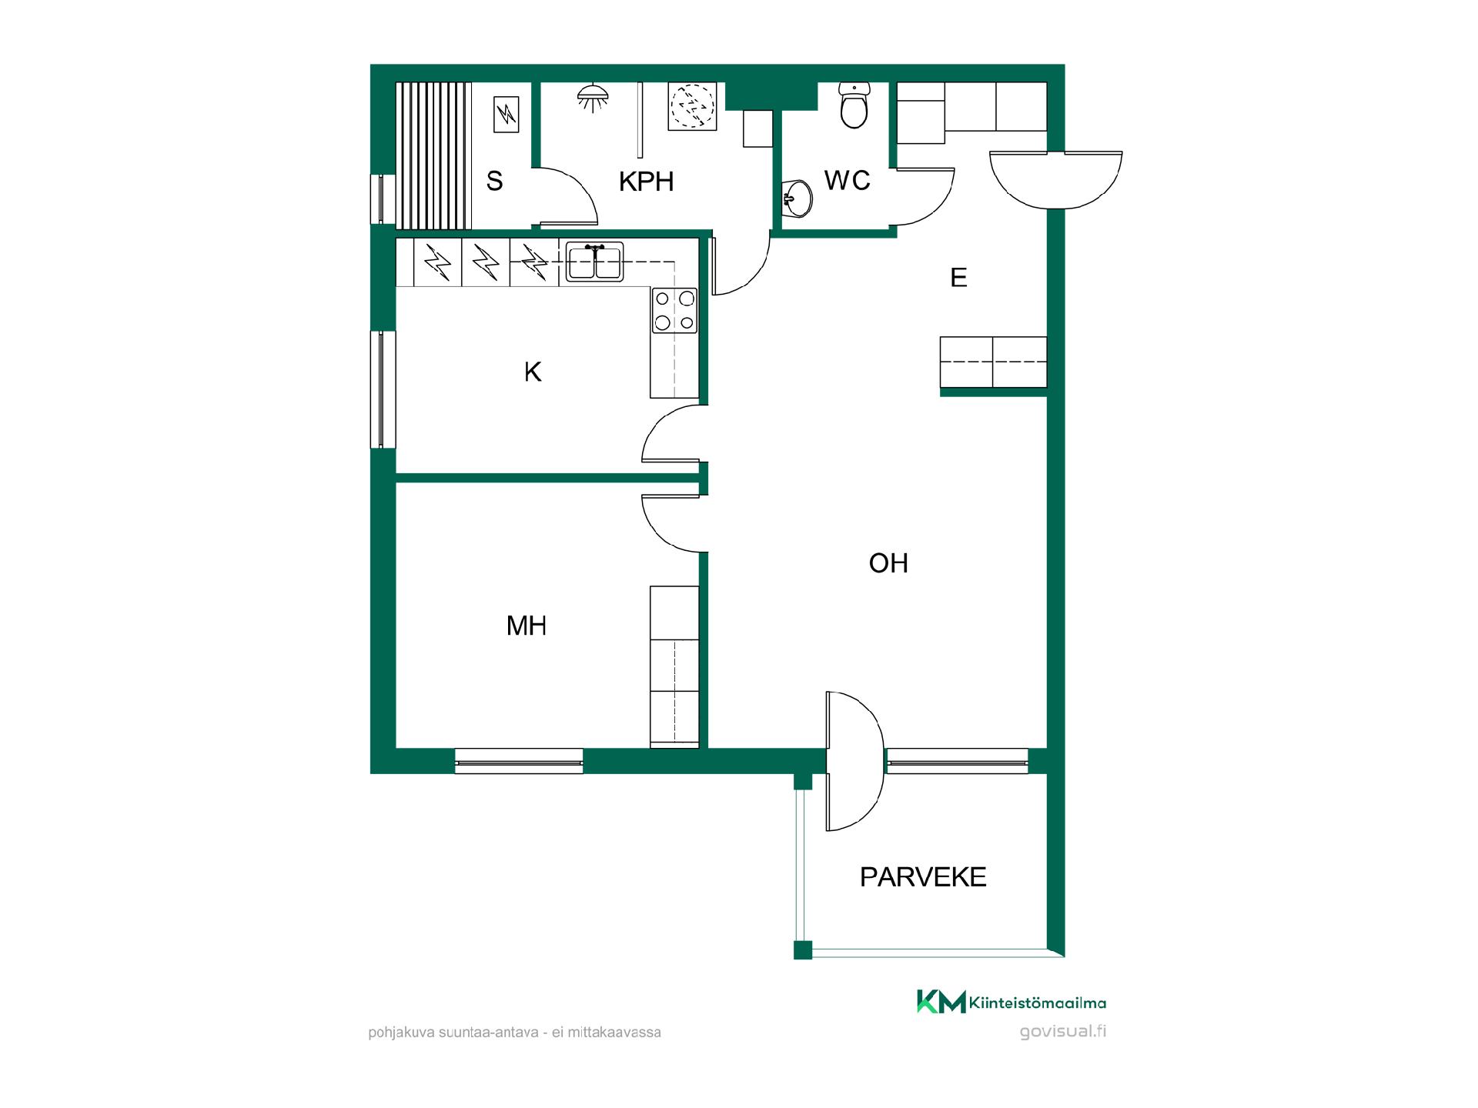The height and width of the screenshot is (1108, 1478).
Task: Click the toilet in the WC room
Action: click(x=854, y=105)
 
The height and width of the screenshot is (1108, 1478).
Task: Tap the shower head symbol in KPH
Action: click(x=593, y=97)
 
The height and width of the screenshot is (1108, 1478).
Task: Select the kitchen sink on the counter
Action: click(x=594, y=262)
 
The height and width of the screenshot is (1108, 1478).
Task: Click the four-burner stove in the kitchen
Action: click(x=674, y=310)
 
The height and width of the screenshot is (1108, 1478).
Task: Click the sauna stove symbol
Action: click(x=507, y=115)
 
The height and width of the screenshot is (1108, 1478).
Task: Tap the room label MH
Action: click(x=527, y=626)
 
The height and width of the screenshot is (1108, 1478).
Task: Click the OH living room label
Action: click(x=888, y=563)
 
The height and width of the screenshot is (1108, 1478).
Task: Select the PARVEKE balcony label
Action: click(x=923, y=877)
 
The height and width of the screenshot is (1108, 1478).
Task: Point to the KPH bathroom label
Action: click(x=647, y=182)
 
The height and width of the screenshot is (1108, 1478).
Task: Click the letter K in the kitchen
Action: click(x=533, y=372)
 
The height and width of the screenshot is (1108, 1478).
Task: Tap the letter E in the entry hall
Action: click(x=958, y=278)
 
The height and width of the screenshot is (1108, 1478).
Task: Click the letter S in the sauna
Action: click(x=494, y=182)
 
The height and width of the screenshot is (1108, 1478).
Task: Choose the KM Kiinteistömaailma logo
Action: click(x=1011, y=1002)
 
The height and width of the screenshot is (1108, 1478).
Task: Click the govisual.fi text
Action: click(x=1063, y=1031)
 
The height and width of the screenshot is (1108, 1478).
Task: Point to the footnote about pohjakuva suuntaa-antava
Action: click(x=514, y=1033)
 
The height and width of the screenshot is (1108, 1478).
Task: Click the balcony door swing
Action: click(x=855, y=761)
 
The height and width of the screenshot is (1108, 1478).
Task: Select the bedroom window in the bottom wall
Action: click(x=519, y=761)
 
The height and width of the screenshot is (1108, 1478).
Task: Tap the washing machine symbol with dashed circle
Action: click(x=692, y=106)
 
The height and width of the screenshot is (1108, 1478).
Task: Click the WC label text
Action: click(x=847, y=181)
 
